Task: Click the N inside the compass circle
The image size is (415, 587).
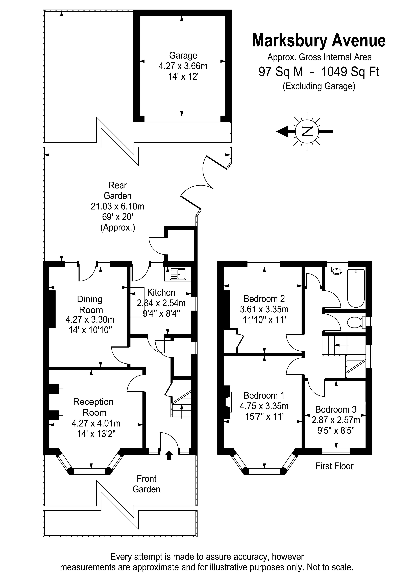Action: [x=307, y=131]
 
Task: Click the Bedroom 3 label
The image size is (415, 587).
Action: [x=336, y=409]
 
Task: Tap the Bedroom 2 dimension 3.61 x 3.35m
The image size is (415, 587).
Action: [x=264, y=309]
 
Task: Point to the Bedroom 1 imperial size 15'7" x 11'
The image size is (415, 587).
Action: [x=264, y=417]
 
